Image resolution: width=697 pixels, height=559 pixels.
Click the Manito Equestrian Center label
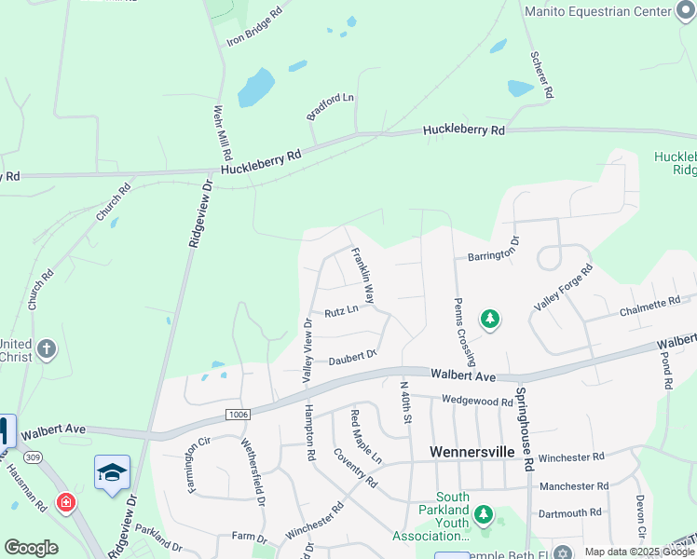pyautogui.click(x=597, y=11)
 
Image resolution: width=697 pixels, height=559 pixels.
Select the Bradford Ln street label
pyautogui.click(x=331, y=106)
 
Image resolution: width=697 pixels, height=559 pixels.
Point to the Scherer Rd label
pyautogui.click(x=542, y=75)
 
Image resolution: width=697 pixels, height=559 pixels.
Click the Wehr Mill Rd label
pyautogui.click(x=222, y=134)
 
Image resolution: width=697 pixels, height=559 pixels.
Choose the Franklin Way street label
pyautogui.click(x=362, y=277)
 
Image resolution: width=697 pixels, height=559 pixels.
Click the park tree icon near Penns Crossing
pyautogui.click(x=490, y=320)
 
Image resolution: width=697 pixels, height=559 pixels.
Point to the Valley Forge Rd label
pyautogui.click(x=564, y=289)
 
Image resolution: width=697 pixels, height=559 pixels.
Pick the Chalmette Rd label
pyautogui.click(x=650, y=305)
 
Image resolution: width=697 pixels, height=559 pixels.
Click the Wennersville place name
pyautogui.click(x=472, y=451)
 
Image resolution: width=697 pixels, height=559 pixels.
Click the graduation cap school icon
pyautogui.click(x=112, y=471)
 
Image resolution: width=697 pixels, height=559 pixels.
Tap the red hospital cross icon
pyautogui.click(x=65, y=503)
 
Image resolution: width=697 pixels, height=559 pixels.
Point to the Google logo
pyautogui.click(x=31, y=548)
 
